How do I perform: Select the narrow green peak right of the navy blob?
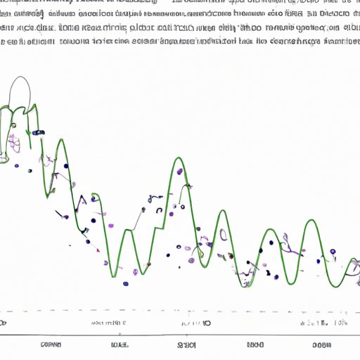point(60,141)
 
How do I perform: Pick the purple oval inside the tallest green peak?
point(179,171)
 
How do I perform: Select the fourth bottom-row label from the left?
point(256,345)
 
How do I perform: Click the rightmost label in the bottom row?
point(322,345)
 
